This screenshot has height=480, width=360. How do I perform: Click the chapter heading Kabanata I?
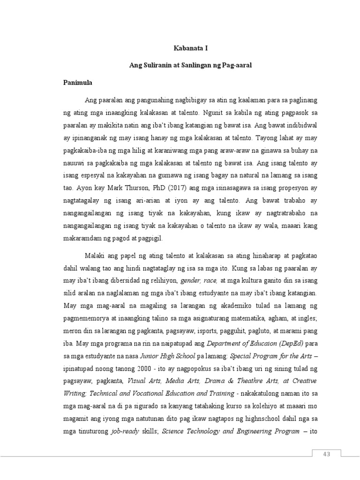click(x=190, y=48)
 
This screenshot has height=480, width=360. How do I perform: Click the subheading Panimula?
click(x=78, y=82)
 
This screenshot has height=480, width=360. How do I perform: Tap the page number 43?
click(x=326, y=454)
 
